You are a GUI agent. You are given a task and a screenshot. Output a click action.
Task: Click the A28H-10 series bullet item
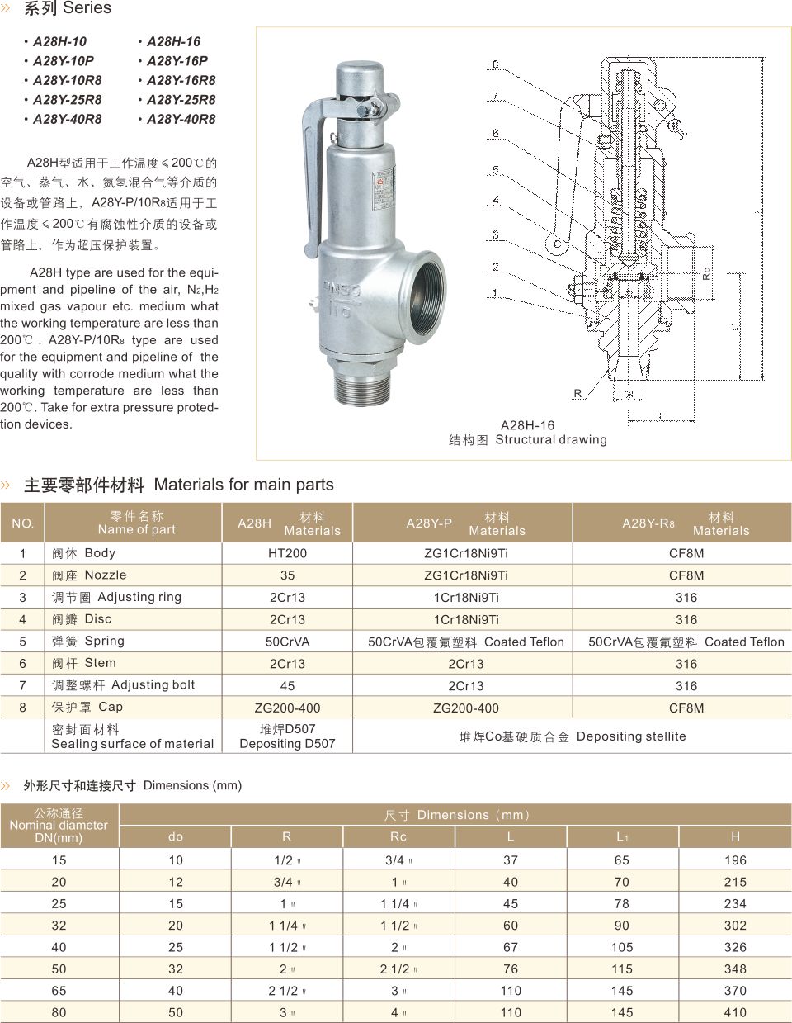[59, 41]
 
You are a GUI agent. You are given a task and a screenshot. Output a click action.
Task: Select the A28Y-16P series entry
[177, 60]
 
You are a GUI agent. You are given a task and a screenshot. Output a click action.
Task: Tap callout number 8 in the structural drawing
[496, 64]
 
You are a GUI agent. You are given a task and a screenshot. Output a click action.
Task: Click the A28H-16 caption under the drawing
[527, 425]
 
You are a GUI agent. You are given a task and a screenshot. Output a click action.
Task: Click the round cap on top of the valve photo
[357, 78]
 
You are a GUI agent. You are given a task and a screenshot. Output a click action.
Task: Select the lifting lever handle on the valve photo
[313, 173]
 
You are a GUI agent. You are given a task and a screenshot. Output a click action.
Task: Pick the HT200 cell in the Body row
[287, 553]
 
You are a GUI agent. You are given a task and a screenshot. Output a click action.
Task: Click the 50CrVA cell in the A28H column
[287, 642]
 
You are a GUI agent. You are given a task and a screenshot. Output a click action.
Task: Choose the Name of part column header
[136, 523]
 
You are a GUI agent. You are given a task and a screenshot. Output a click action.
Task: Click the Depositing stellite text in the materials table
[631, 736]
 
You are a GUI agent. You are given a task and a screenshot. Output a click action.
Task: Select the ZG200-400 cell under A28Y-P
[466, 708]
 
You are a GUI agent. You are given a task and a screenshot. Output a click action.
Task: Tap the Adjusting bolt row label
[124, 685]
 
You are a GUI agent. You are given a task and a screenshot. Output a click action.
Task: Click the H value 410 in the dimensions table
[734, 1012]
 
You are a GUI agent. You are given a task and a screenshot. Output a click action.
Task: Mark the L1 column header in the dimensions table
[622, 836]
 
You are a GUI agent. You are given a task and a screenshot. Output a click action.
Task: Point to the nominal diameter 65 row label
[59, 991]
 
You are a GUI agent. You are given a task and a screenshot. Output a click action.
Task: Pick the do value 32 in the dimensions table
[176, 969]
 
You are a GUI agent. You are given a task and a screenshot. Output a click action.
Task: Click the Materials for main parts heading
[243, 485]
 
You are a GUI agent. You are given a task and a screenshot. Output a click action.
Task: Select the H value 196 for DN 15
[734, 860]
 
